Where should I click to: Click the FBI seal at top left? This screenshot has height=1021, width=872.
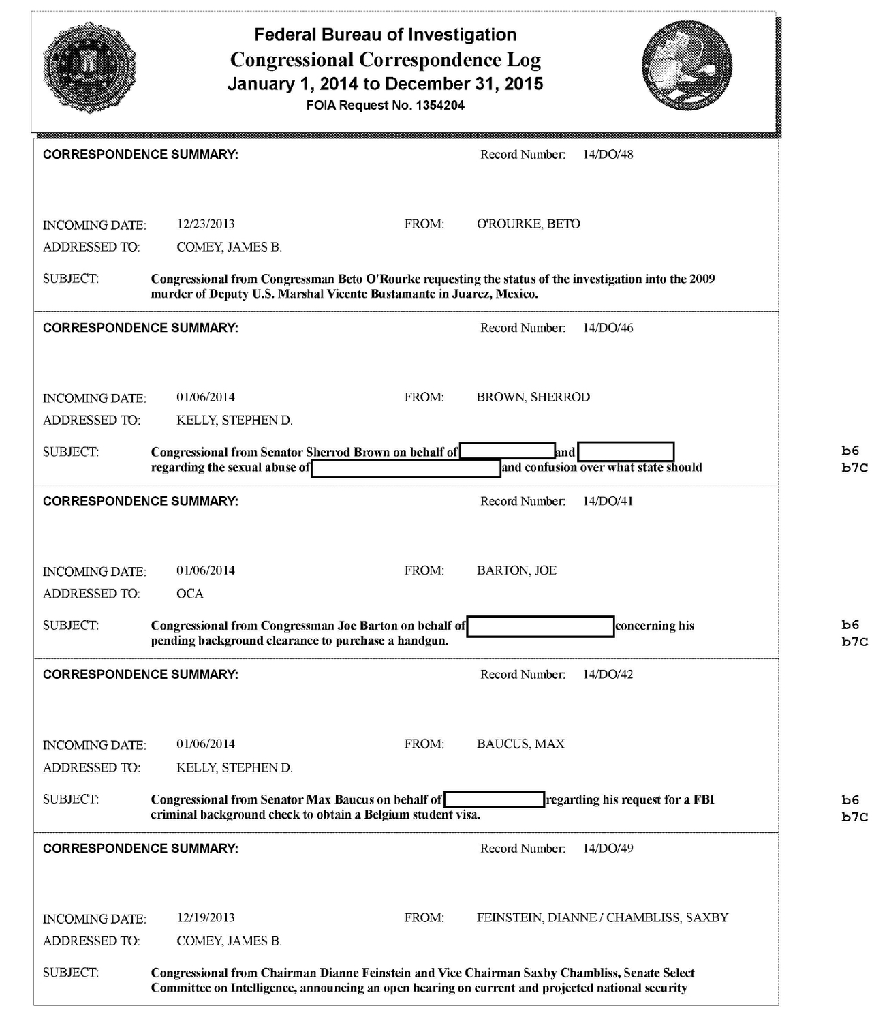[x=89, y=66]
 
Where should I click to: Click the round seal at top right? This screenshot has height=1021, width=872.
[x=687, y=66]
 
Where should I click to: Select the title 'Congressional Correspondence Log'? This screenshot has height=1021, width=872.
[x=386, y=60]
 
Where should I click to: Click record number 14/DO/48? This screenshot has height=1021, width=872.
[x=608, y=155]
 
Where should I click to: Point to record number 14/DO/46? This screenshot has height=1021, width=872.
[x=608, y=328]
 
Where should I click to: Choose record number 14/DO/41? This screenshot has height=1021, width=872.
[x=608, y=501]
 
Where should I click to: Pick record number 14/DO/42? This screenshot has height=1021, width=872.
[x=608, y=674]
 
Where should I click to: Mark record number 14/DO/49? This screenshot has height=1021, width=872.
[x=608, y=848]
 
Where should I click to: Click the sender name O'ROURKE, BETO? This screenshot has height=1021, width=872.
[x=528, y=224]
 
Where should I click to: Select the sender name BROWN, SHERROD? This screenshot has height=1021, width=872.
[x=533, y=397]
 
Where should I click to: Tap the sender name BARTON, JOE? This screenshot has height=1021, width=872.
[x=516, y=570]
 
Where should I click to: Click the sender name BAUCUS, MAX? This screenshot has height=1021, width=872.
[x=520, y=744]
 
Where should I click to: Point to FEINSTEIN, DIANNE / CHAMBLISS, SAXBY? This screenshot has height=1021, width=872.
[x=602, y=917]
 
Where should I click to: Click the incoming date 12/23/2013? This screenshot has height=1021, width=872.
[x=206, y=224]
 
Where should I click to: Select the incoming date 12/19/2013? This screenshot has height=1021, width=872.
[x=206, y=917]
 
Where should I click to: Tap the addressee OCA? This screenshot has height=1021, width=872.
[x=190, y=594]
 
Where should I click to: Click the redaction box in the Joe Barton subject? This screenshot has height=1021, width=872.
[x=540, y=626]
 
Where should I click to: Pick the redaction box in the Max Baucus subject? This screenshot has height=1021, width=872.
[x=494, y=799]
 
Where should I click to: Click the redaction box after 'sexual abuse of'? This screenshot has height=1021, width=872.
[x=406, y=469]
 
